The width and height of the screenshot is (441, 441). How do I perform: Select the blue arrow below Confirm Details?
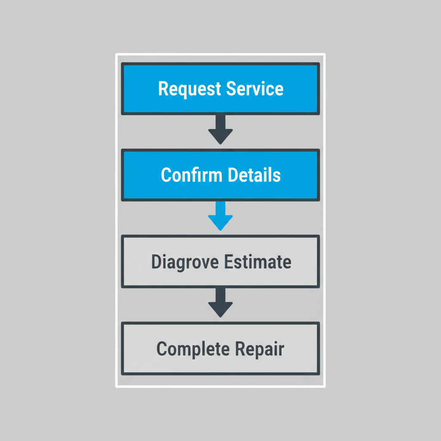coord(220,215)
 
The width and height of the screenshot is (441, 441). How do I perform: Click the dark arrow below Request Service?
coord(220,129)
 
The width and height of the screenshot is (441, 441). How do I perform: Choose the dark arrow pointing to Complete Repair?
coord(220,303)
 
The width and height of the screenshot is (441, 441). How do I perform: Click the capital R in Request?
coord(163,89)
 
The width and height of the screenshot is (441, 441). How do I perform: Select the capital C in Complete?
coord(161,348)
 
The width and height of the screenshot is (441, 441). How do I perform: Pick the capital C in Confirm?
coord(166,175)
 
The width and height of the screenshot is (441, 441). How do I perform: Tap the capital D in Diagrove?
coord(156,261)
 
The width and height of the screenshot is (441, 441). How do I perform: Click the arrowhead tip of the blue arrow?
coord(220,229)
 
